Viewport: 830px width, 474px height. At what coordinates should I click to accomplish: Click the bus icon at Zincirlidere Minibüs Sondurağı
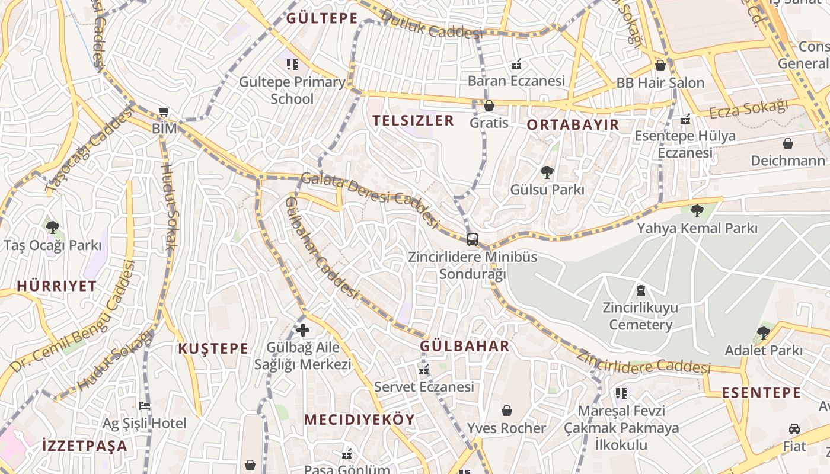click(472, 239)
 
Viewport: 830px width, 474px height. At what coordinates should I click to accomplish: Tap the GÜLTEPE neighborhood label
click(322, 18)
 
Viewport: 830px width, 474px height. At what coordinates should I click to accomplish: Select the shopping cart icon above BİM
click(164, 111)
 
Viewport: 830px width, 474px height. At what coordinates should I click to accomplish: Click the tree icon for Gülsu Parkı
click(547, 172)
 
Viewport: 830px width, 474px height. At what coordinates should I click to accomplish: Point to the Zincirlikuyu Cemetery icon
click(640, 290)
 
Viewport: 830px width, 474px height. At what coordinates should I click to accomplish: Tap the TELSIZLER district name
click(413, 121)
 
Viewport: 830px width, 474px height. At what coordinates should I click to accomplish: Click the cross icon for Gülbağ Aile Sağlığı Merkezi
click(303, 330)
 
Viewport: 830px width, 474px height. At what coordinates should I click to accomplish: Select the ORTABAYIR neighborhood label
click(573, 125)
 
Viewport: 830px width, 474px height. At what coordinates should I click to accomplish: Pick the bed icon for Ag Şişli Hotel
click(144, 406)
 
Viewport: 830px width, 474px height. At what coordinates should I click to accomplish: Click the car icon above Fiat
click(794, 428)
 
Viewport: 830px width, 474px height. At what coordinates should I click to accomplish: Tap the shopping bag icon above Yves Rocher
click(506, 411)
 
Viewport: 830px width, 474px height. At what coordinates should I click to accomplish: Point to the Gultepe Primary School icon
click(292, 64)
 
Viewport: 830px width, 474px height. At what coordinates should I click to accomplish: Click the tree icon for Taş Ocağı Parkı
click(52, 227)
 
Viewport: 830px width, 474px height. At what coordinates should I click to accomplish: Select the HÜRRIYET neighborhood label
click(56, 286)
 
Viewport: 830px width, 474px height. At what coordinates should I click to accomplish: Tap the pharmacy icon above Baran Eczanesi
click(516, 63)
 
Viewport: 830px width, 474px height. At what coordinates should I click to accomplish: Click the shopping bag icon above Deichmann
click(787, 143)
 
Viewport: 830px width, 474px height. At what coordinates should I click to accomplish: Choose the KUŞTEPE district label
click(213, 348)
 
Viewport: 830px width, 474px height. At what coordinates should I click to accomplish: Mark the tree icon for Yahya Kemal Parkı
click(697, 210)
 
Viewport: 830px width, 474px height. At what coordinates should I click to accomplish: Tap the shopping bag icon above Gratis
click(489, 105)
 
